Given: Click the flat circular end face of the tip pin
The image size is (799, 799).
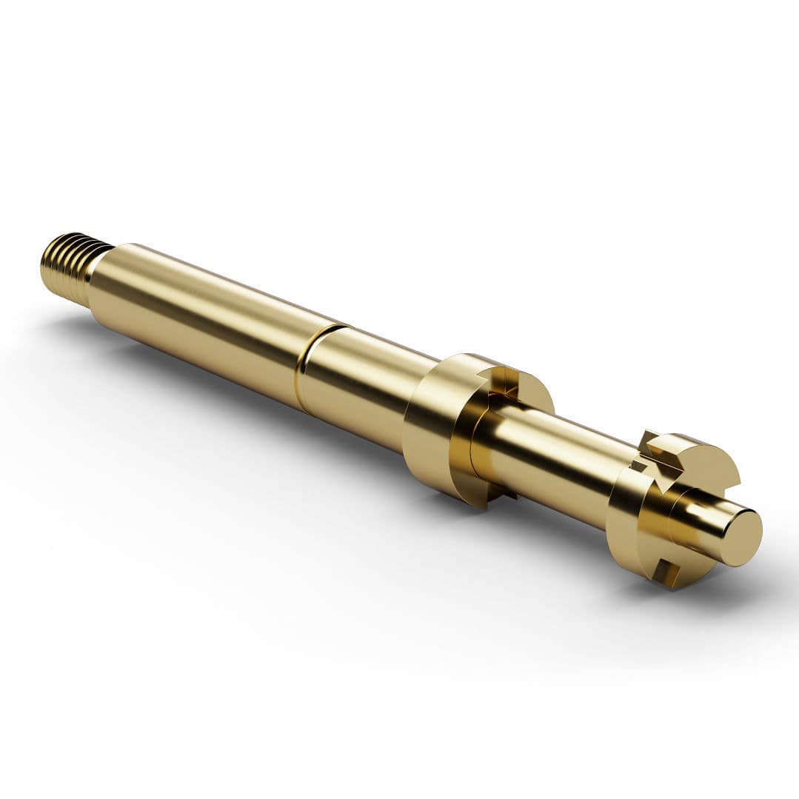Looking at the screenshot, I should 741,538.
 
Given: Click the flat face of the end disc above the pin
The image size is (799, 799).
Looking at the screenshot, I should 703,474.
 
